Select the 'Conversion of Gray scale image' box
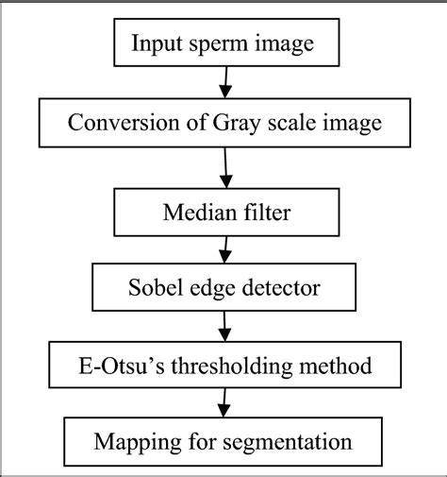point(223,123)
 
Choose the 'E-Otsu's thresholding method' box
point(224,363)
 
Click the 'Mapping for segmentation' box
point(223,441)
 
